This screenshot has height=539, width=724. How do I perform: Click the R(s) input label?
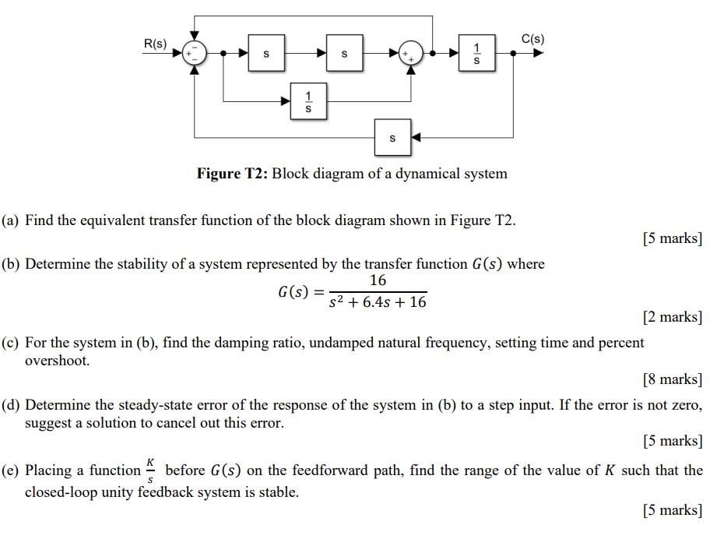coord(155,44)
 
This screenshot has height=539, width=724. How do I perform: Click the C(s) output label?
coord(532,38)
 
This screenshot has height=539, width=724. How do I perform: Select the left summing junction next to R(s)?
coord(194,54)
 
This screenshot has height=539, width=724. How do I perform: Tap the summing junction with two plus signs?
coord(410,54)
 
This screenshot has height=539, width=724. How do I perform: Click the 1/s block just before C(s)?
coord(476,54)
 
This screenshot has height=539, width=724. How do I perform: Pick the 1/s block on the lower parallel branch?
coord(308,101)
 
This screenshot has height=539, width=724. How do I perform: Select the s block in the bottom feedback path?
coord(392,138)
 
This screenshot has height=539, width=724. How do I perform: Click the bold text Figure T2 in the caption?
coord(231,173)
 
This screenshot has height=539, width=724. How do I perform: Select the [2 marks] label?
coord(672,316)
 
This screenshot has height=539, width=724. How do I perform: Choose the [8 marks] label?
coord(672,379)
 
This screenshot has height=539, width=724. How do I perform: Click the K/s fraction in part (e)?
coord(153,470)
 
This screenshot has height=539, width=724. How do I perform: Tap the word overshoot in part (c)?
coord(57,361)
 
